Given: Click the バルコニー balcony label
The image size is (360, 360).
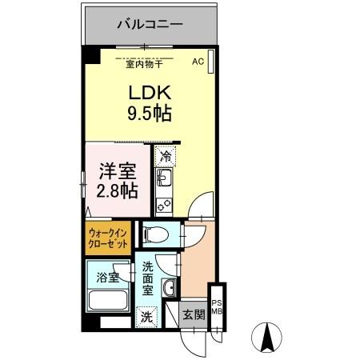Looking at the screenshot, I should [150, 25].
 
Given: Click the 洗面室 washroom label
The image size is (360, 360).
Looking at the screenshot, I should [149, 278].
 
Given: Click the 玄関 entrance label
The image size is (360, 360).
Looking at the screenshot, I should [194, 314].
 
